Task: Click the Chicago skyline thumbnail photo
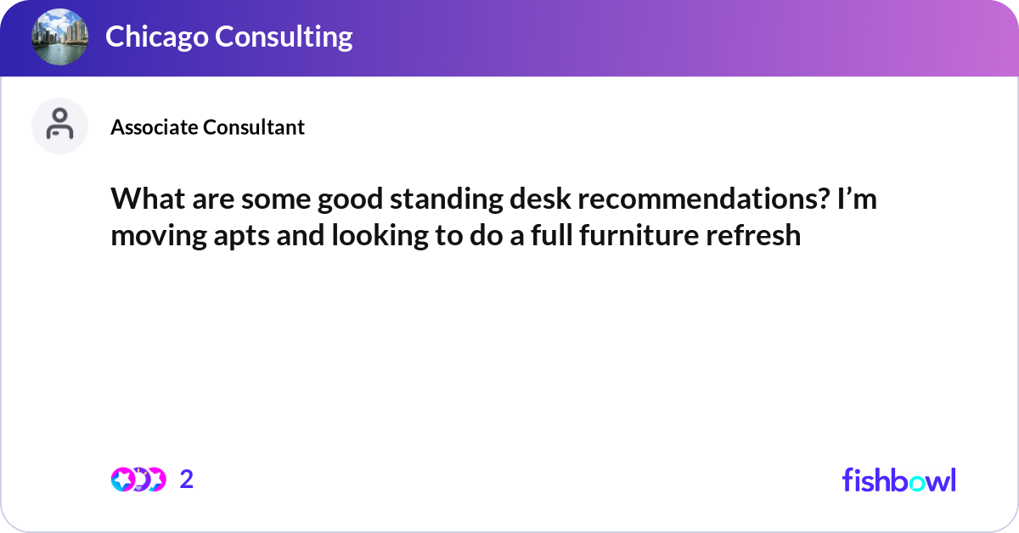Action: click(x=59, y=37)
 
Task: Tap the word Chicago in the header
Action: click(x=155, y=36)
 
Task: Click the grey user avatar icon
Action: click(x=59, y=126)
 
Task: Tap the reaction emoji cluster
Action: click(x=138, y=480)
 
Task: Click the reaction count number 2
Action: click(x=187, y=480)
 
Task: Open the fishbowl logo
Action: click(x=898, y=480)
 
